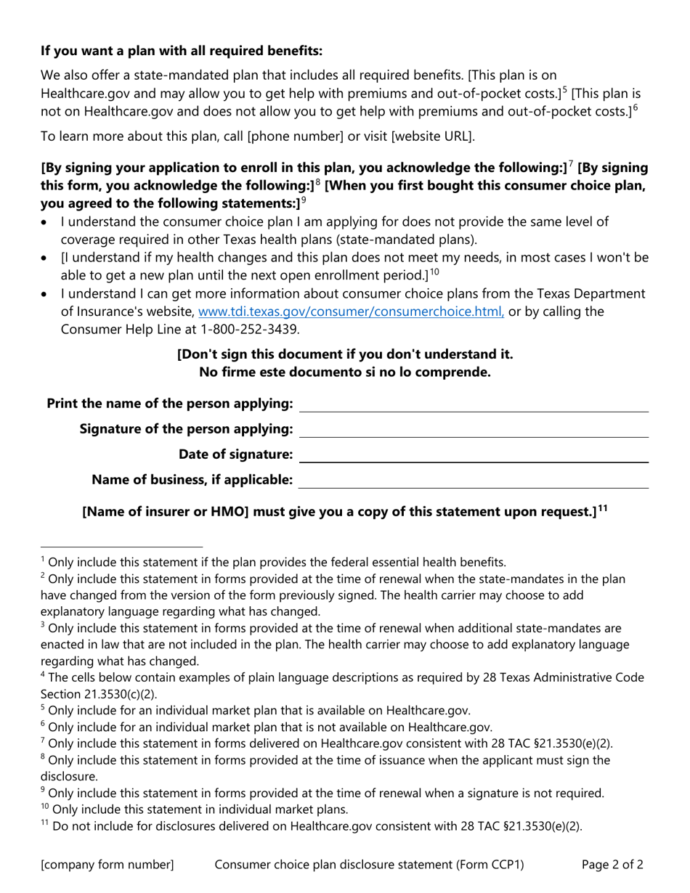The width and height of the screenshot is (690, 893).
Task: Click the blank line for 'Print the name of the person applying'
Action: (x=474, y=404)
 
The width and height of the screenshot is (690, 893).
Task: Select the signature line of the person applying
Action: (x=474, y=430)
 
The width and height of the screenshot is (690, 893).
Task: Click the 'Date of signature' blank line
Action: (x=474, y=455)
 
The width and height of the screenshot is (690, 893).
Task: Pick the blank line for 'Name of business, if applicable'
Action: (x=474, y=481)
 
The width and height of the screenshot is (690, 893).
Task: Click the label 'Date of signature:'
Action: (x=236, y=455)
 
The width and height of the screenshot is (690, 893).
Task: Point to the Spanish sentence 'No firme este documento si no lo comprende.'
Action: (x=345, y=372)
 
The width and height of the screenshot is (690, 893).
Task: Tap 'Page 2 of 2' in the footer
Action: (x=612, y=865)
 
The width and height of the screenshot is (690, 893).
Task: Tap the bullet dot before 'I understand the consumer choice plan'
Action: (x=46, y=222)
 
